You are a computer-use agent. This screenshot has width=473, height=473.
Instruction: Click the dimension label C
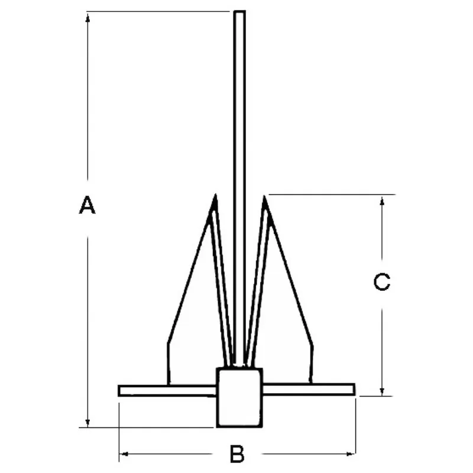383,282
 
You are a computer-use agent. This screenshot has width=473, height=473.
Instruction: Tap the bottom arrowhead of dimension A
88,422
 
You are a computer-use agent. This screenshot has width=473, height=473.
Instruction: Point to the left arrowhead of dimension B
123,454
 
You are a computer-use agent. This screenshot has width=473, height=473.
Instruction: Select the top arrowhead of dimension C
383,200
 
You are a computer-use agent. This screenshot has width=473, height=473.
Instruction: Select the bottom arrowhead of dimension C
383,391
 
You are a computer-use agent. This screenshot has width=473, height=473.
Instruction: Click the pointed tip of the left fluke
216,195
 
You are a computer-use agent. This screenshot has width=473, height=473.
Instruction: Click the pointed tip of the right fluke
264,196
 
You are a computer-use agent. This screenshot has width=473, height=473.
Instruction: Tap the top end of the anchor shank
239,12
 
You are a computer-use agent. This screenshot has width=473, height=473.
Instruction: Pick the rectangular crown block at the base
239,397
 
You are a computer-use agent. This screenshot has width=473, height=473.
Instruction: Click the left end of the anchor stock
120,390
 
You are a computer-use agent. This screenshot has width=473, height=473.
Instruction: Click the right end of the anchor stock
353,389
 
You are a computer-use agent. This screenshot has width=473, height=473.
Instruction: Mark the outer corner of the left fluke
168,343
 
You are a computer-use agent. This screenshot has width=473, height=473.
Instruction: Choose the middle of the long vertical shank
239,189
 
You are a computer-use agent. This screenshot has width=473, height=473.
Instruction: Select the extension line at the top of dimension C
331,194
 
